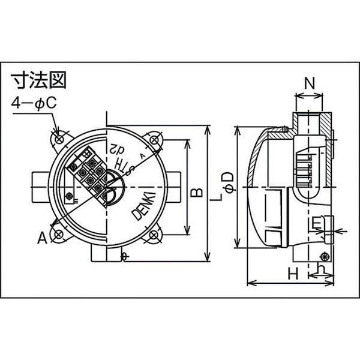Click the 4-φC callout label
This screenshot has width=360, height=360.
35,103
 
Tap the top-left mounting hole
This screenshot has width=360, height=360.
60,139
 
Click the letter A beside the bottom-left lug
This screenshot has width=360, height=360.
42,238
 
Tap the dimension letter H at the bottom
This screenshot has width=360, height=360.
293,274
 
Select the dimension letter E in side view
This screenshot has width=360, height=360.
316,224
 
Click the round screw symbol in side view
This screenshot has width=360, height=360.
328,254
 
